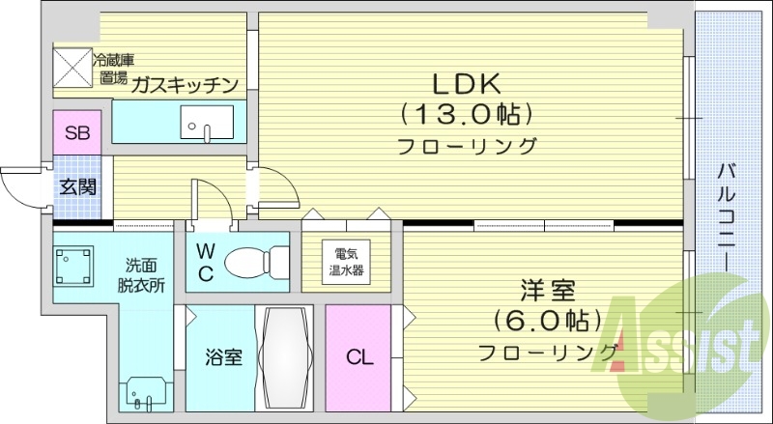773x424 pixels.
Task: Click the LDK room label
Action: click(467, 82)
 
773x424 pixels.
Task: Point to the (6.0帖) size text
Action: click(547, 318)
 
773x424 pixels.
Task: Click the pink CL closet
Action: click(358, 356)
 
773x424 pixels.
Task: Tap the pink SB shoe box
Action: click(76, 133)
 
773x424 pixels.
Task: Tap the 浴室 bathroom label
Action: click(222, 356)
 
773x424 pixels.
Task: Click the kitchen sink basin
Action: click(205, 124)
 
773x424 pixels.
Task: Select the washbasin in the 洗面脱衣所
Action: click(146, 393)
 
